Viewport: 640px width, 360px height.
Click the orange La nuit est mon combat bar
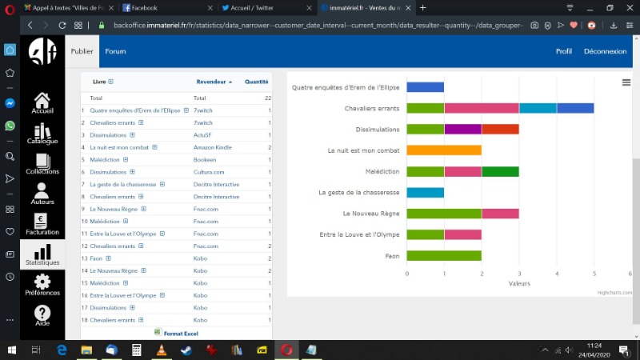(444, 150)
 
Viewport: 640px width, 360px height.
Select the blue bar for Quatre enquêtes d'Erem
(425, 87)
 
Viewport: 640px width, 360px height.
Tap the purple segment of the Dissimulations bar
(462, 129)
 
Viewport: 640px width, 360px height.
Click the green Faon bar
(444, 255)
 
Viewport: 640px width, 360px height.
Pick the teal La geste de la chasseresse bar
(425, 192)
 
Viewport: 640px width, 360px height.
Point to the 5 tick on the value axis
(594, 274)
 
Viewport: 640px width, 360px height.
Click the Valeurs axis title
(518, 283)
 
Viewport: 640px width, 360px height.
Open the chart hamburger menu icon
(626, 82)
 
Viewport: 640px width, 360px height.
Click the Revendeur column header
(212, 82)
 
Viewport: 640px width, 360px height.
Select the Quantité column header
(257, 82)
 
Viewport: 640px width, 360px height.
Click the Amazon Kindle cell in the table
(212, 147)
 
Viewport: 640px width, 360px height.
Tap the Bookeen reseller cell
(205, 159)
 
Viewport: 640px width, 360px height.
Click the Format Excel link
(181, 333)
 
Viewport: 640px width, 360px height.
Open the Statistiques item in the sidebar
(42, 255)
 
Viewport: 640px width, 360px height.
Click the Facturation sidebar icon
(42, 224)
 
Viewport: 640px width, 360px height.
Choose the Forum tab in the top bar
(116, 51)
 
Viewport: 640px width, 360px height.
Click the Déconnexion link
(605, 51)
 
